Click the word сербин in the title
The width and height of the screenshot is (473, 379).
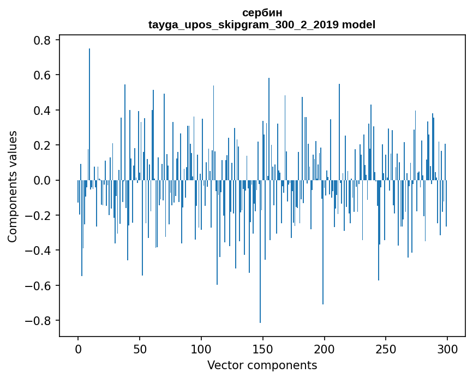[x=262, y=13]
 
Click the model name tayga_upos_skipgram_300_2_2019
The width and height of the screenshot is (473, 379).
[x=243, y=25]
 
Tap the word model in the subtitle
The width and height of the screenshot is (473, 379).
[x=358, y=25]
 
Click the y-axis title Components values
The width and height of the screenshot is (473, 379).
[x=13, y=186]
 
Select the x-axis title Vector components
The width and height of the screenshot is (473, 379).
[x=262, y=365]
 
